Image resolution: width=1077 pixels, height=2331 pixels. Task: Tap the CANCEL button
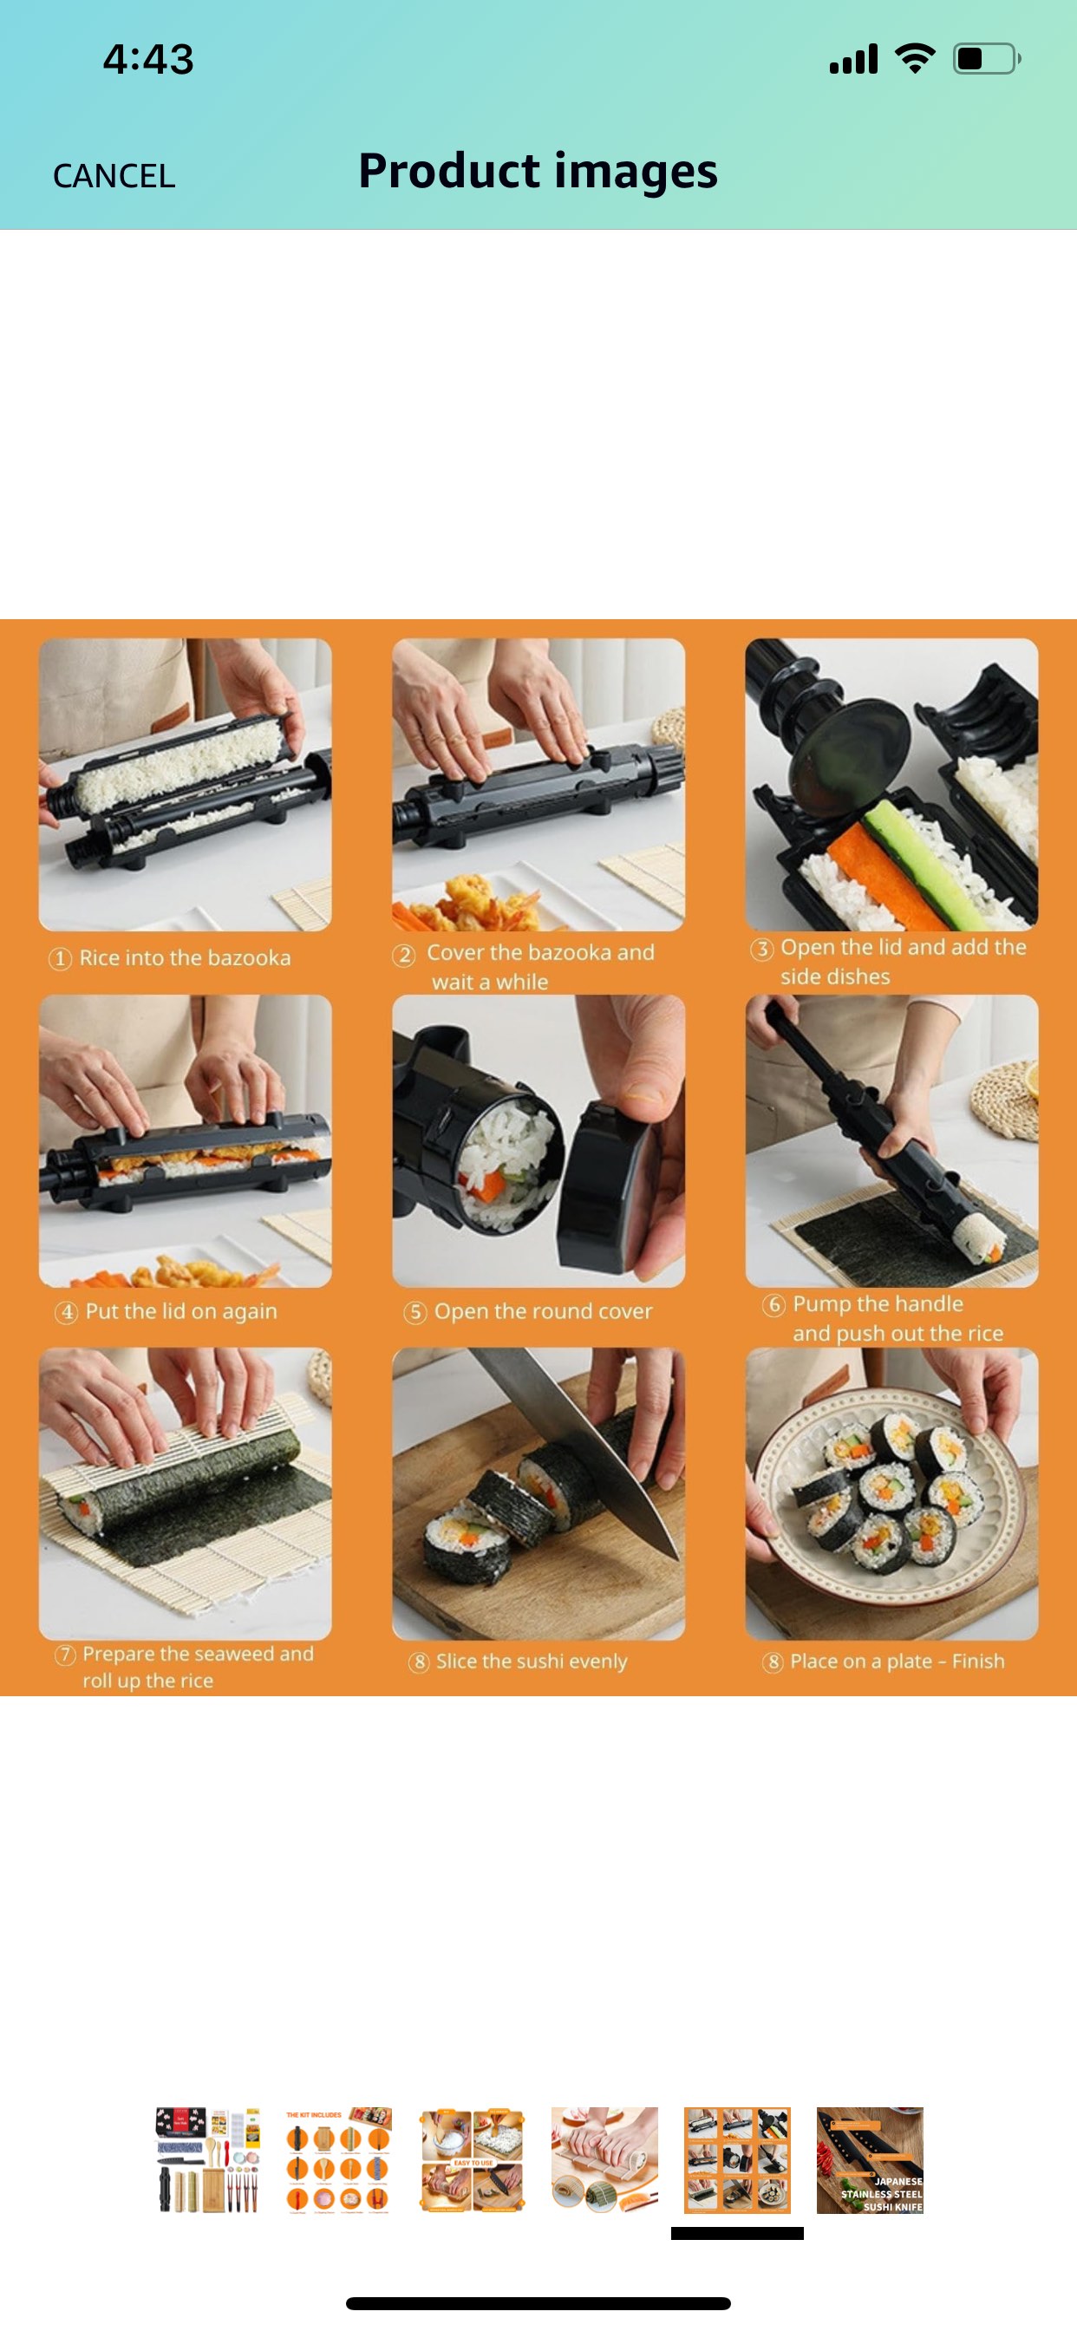(114, 175)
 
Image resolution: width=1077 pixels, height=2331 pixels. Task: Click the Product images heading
(538, 171)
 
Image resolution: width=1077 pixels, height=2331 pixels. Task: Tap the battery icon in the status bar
(986, 59)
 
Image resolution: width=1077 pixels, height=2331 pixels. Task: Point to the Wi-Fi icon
(915, 59)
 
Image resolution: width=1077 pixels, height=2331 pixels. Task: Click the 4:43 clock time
(148, 59)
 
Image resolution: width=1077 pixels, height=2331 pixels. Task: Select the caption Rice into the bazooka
(185, 957)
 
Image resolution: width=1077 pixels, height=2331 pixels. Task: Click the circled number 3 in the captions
(762, 949)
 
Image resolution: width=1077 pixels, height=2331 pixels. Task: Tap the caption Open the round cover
(542, 1311)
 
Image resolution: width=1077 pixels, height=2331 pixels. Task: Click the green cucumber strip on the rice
(905, 851)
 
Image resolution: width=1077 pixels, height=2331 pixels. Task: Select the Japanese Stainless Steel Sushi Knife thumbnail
(870, 2159)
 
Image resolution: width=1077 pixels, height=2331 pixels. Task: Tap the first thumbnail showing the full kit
(208, 2159)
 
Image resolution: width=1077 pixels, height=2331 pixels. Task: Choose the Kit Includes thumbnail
(338, 2159)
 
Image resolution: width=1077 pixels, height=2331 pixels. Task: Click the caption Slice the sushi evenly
(532, 1662)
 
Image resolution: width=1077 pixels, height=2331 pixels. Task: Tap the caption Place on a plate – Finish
(896, 1662)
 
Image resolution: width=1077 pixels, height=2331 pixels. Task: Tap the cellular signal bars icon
(853, 60)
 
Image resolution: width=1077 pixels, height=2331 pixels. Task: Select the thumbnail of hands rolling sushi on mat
(604, 2159)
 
